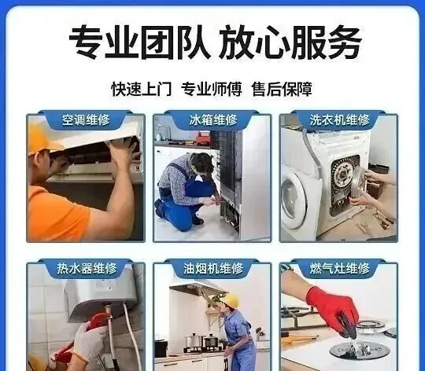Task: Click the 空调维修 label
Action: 86,120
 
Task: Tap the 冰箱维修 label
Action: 213,120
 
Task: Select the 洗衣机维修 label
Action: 340,120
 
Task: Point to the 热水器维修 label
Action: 87,268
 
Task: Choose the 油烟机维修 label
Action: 213,268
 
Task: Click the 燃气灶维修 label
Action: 340,268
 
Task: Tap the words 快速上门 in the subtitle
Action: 142,89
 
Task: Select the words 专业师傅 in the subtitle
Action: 212,89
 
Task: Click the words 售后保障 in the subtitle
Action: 282,89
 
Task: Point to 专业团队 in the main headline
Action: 140,42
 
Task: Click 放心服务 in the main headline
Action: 290,42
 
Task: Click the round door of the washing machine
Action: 294,197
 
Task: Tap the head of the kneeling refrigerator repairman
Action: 202,163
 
